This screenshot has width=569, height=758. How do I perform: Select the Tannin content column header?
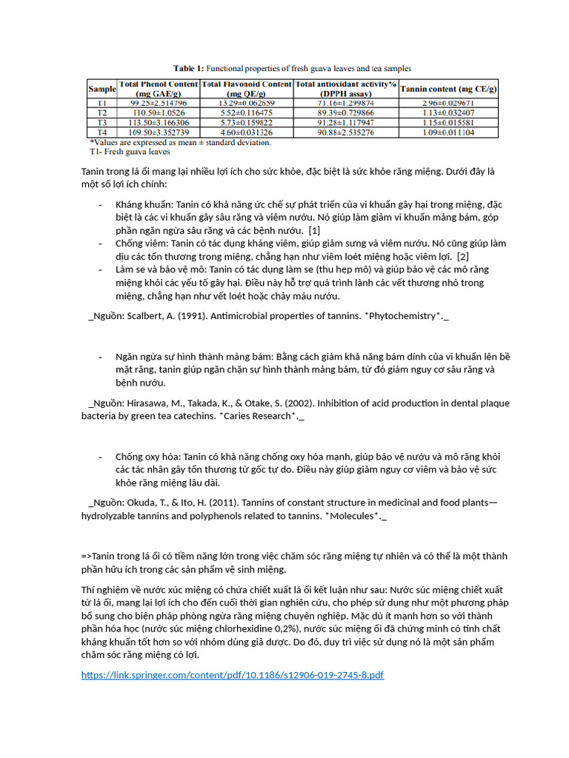pyautogui.click(x=449, y=89)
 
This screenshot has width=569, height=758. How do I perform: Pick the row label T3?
pyautogui.click(x=102, y=122)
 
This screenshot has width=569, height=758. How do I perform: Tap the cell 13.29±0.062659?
pyautogui.click(x=246, y=103)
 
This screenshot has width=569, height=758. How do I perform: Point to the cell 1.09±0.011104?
pyautogui.click(x=449, y=132)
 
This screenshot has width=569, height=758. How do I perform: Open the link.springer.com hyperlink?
pyautogui.click(x=232, y=675)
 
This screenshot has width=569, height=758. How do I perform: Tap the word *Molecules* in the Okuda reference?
pyautogui.click(x=353, y=515)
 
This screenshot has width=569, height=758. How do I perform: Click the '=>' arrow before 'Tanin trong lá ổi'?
pyautogui.click(x=87, y=556)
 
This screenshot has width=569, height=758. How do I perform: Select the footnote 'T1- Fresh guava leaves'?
pyautogui.click(x=130, y=151)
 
